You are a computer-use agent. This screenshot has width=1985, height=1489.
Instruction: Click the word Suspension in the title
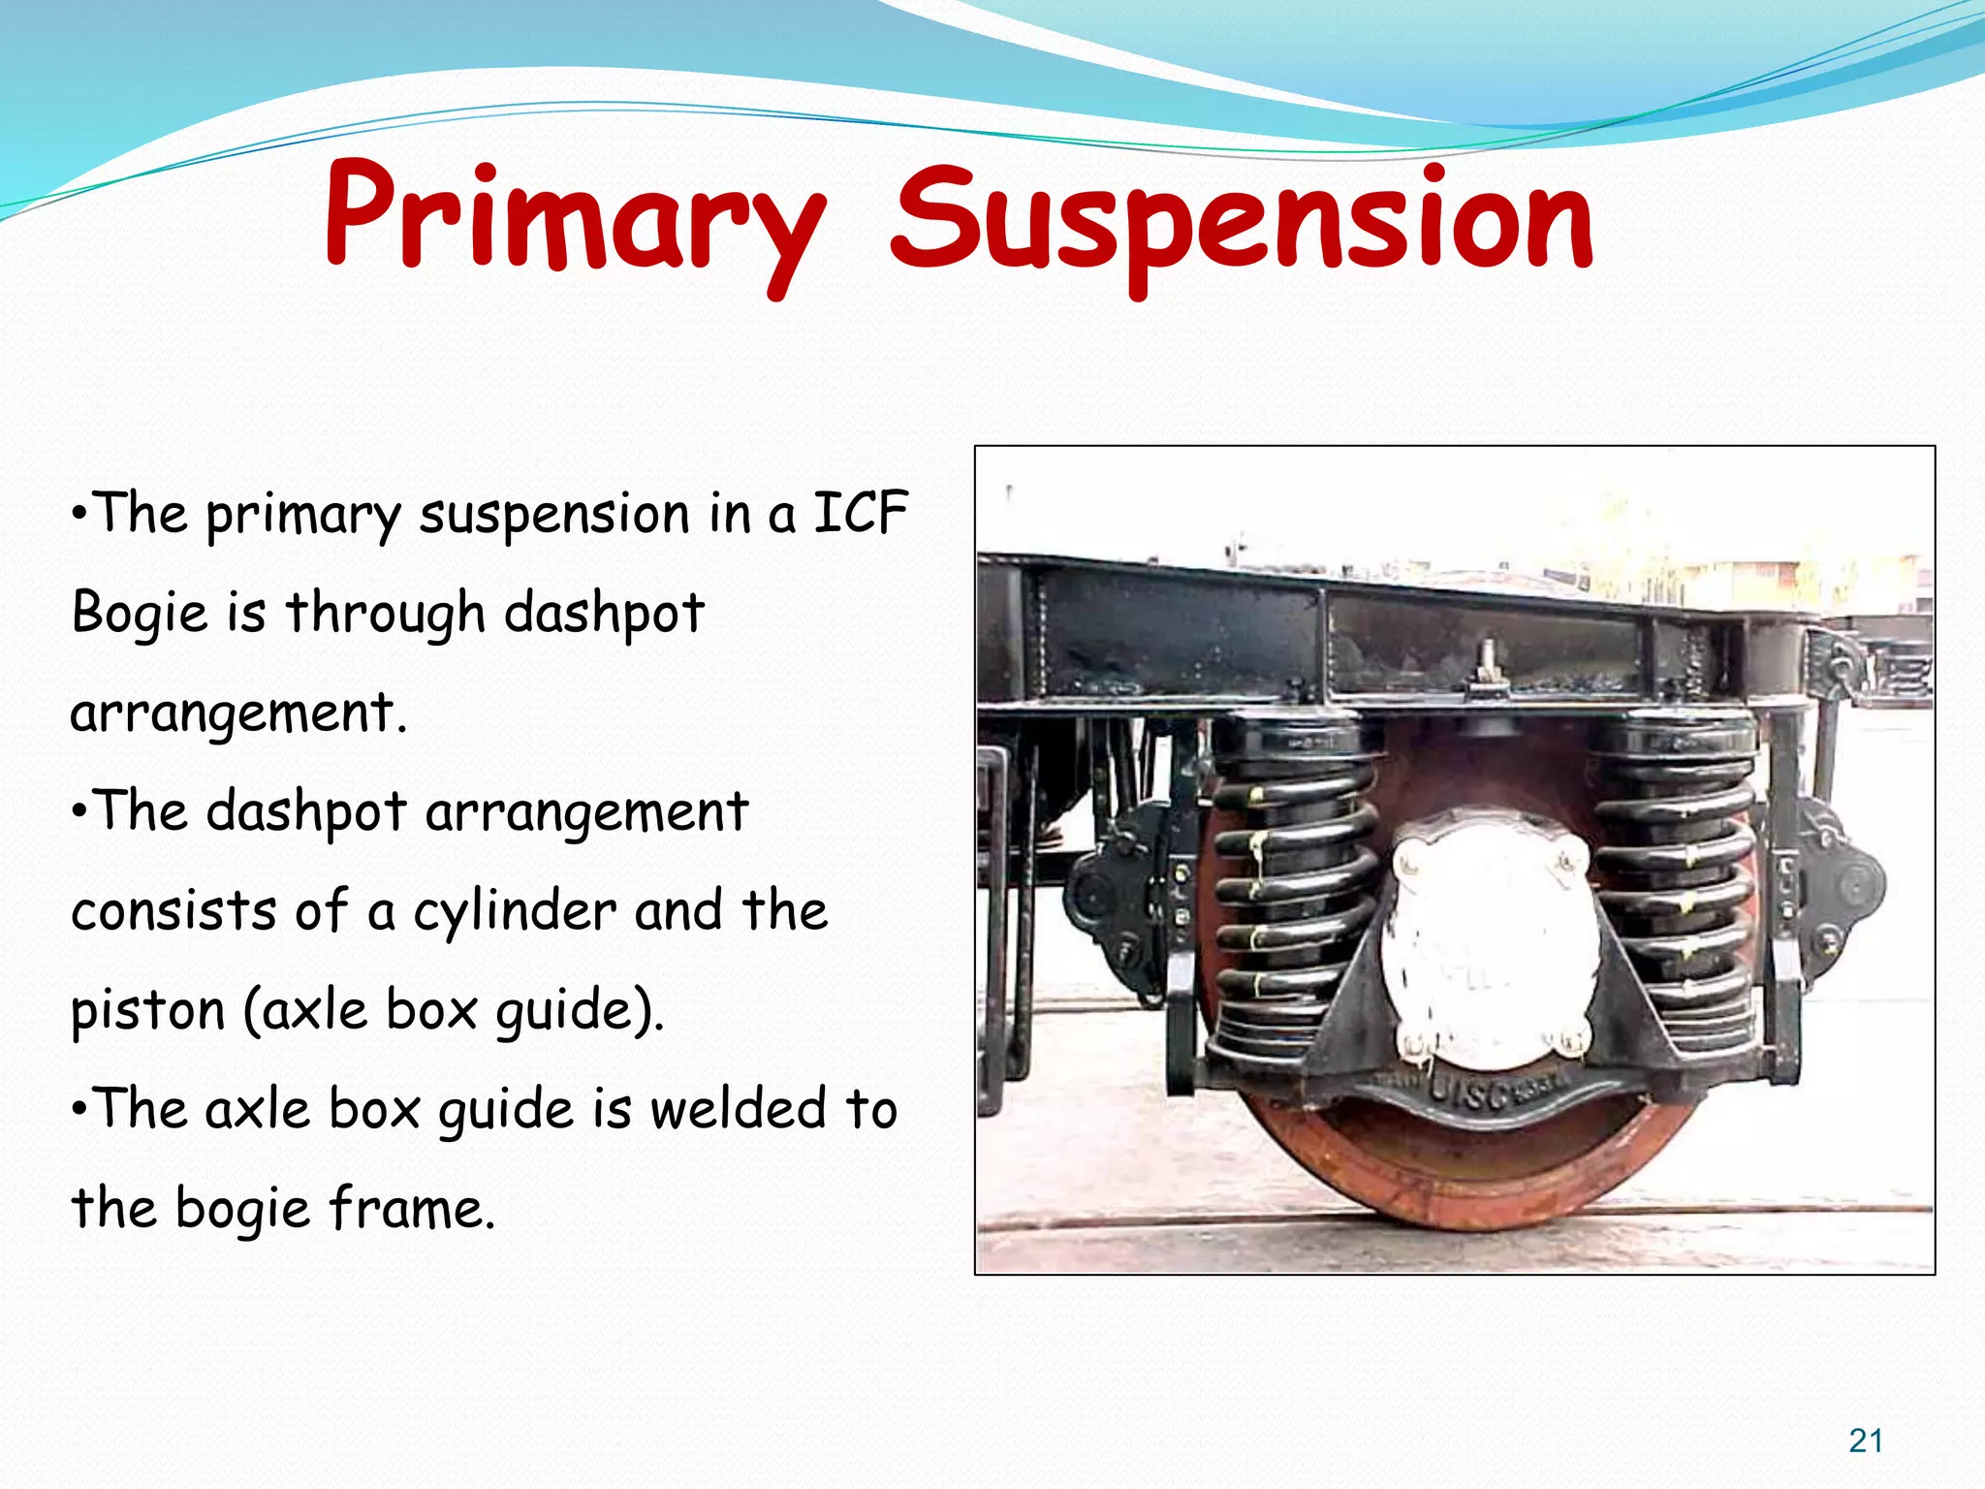coord(1241,223)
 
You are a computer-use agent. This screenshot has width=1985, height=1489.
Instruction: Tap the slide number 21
coord(1865,1441)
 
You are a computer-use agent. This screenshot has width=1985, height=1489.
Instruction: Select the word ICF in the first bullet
coord(860,513)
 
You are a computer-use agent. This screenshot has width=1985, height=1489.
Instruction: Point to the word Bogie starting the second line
coord(140,614)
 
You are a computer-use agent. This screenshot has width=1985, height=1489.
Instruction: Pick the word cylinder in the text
coord(515,911)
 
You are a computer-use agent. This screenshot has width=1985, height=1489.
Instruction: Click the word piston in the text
coord(147,1011)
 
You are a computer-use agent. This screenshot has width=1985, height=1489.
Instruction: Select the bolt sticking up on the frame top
coord(1486,659)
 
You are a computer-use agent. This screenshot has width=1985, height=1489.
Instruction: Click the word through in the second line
coord(385,614)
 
